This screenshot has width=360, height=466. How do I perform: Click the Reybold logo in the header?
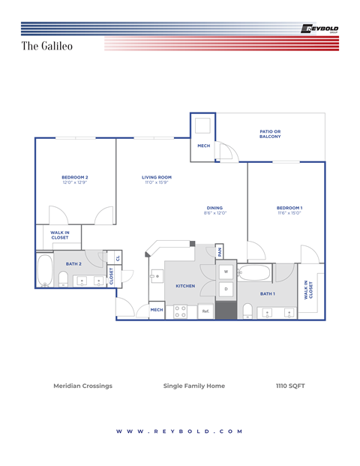319,29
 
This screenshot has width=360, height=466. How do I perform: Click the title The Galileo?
52,46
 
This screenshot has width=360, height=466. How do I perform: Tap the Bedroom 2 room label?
75,179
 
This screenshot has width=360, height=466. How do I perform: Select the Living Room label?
157,179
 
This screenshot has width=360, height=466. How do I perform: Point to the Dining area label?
214,210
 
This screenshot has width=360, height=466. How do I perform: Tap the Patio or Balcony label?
270,134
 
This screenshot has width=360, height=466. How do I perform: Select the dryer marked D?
226,289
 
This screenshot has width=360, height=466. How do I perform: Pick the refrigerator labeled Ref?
205,311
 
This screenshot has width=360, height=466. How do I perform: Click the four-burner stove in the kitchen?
180,311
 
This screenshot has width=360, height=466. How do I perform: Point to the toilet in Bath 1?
246,309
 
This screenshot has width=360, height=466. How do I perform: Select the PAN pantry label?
220,251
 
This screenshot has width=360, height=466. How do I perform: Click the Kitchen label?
185,286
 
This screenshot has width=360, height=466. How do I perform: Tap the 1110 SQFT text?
290,386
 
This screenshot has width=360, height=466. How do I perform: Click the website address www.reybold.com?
180,431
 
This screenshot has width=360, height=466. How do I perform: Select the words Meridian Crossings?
82,386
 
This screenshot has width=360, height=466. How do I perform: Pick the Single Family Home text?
193,386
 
